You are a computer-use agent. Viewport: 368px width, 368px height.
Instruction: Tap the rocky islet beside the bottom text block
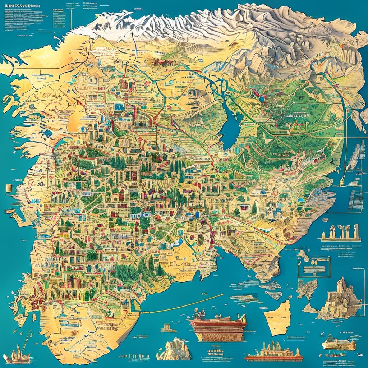(x=174, y=349)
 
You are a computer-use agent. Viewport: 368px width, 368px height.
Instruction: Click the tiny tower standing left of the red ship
(x=166, y=328)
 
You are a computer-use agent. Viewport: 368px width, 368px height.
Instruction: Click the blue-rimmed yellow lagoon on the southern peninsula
(x=137, y=305)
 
